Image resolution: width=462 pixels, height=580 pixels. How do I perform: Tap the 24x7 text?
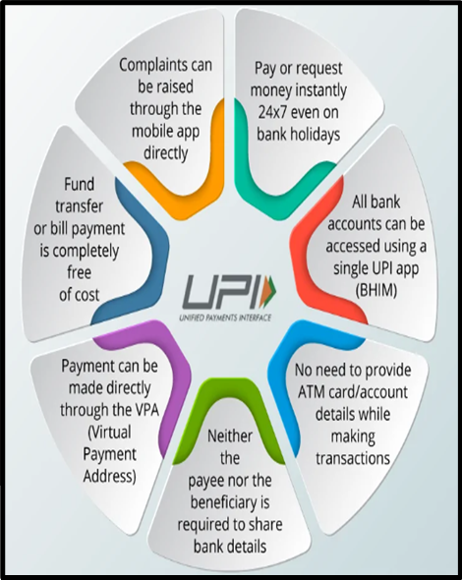tap(273, 112)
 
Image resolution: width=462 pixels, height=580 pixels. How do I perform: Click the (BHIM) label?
tap(375, 291)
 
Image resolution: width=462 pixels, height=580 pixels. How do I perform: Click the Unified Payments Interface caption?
tap(225, 318)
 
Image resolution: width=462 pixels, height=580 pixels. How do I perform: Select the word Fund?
tap(80, 184)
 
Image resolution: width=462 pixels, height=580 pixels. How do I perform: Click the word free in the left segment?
tap(80, 272)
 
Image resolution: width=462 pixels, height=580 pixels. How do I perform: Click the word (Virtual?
tap(109, 432)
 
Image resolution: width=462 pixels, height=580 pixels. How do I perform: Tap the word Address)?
tap(109, 477)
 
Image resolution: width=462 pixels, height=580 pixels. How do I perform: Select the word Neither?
tap(230, 436)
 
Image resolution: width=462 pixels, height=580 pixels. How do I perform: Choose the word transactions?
tap(353, 459)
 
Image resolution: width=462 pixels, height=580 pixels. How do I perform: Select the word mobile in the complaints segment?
tap(149, 131)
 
